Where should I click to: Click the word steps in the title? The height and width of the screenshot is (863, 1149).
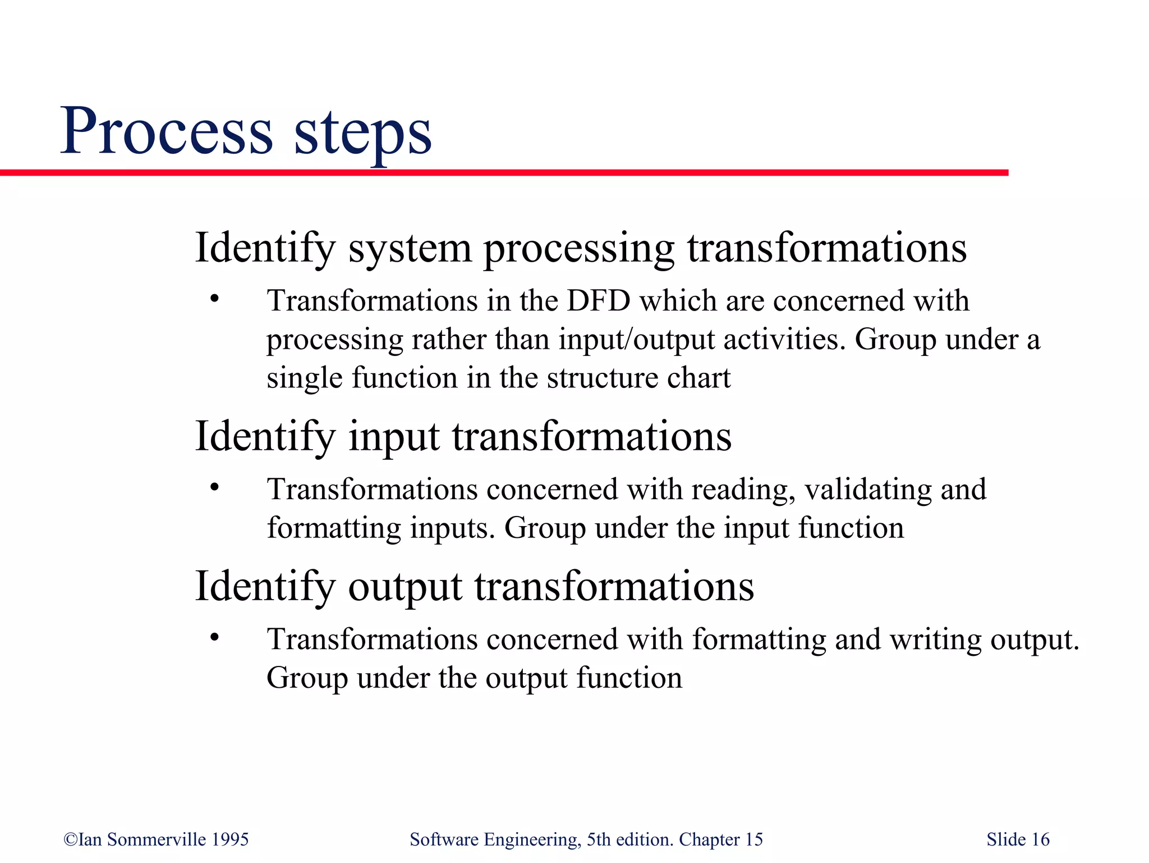pos(362,134)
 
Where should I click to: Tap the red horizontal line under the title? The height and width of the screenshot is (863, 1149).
pos(505,173)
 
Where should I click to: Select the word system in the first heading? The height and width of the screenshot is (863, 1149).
pos(410,248)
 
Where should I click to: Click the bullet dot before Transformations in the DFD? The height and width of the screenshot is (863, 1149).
pos(214,299)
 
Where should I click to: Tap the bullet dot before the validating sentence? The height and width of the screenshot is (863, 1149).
pos(214,487)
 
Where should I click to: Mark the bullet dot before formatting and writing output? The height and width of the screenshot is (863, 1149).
pos(214,638)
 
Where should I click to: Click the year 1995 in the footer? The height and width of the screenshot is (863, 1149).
pos(230,839)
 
